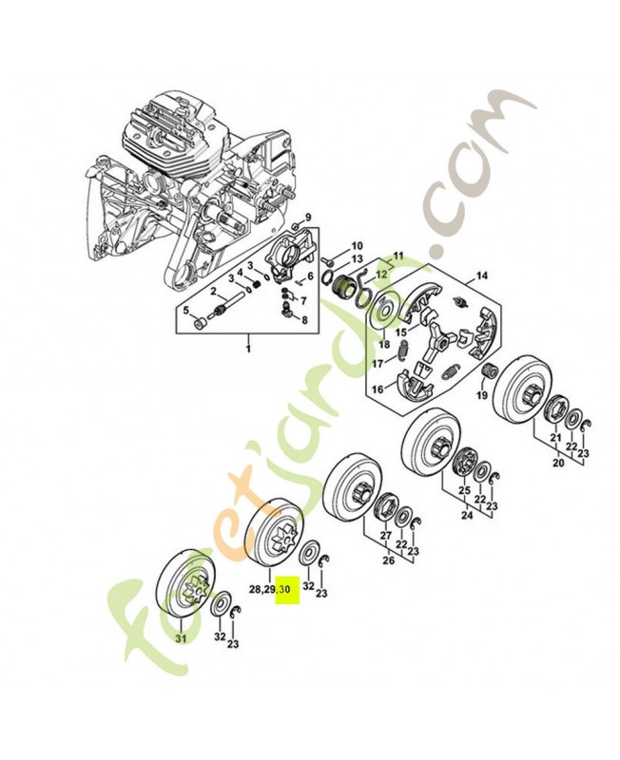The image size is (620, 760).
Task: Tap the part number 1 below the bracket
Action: click(248, 351)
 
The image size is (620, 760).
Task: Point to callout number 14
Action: click(482, 276)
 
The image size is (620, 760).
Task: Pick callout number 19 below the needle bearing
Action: click(482, 394)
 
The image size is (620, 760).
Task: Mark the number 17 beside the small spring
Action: click(378, 363)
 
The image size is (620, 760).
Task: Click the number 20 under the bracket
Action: click(557, 465)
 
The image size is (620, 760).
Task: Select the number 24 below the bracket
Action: click(465, 517)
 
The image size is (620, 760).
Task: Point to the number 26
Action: click(387, 560)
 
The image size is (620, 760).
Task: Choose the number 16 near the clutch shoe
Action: click(378, 389)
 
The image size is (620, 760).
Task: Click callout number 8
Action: click(304, 320)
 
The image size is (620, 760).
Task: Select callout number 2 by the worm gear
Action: click(214, 291)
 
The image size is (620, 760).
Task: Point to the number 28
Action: click(256, 590)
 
